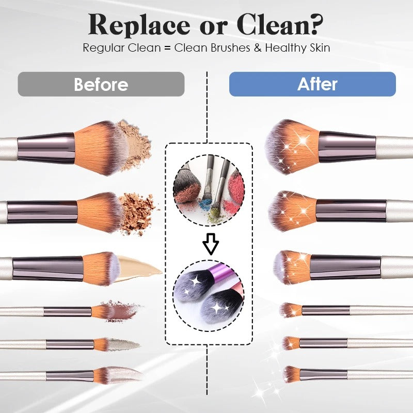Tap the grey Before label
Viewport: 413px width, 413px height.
pyautogui.click(x=101, y=84)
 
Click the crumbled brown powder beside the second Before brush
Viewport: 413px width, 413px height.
pyautogui.click(x=137, y=212)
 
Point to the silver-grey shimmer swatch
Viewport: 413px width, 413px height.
pyautogui.click(x=124, y=344)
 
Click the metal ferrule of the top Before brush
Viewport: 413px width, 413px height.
pyautogui.click(x=46, y=148)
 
